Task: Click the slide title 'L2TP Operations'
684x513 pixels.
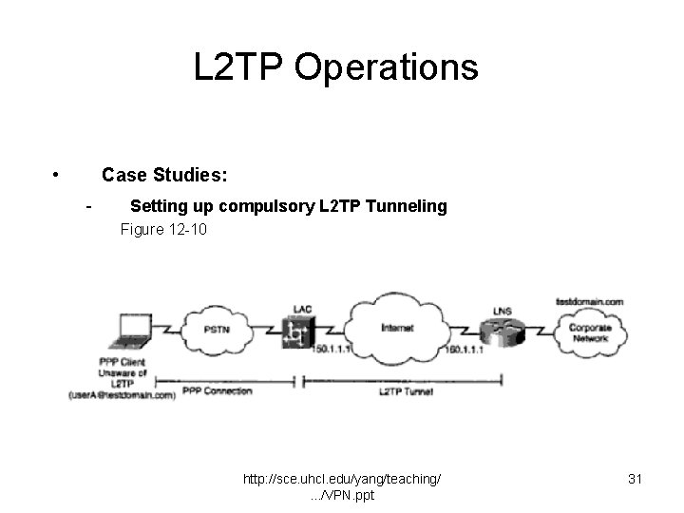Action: pos(335,67)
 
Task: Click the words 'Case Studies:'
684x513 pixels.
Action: pos(164,175)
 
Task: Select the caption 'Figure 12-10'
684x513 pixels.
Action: pos(163,230)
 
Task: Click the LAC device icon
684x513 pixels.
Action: pos(298,332)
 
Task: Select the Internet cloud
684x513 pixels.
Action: pos(396,328)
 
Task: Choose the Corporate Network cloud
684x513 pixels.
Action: pos(589,332)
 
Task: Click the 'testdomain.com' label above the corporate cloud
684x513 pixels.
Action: pos(589,301)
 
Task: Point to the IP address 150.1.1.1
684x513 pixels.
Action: pos(332,350)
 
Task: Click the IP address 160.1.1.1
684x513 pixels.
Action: pos(465,350)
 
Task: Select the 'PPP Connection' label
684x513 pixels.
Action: pos(218,390)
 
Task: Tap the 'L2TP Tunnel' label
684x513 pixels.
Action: pos(406,390)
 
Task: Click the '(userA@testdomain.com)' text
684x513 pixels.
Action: pos(122,394)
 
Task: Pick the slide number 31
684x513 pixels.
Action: pos(636,480)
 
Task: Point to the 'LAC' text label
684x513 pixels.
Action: pos(302,310)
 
